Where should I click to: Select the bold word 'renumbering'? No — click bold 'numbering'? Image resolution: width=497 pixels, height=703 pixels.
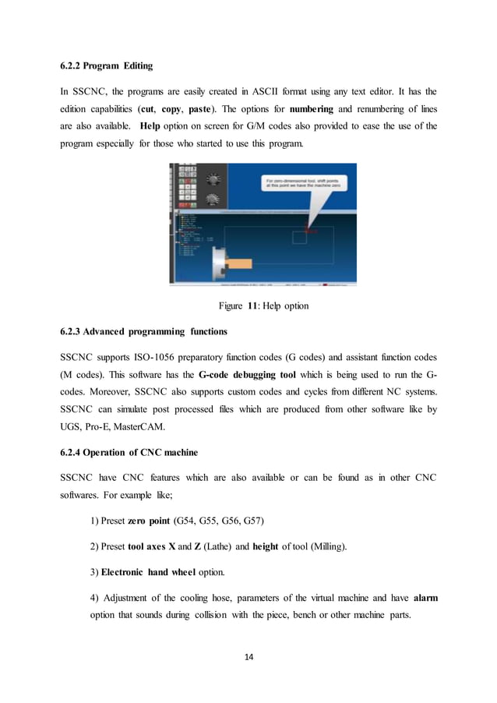coord(311,108)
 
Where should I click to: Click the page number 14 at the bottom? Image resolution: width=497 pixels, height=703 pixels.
coord(248,656)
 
